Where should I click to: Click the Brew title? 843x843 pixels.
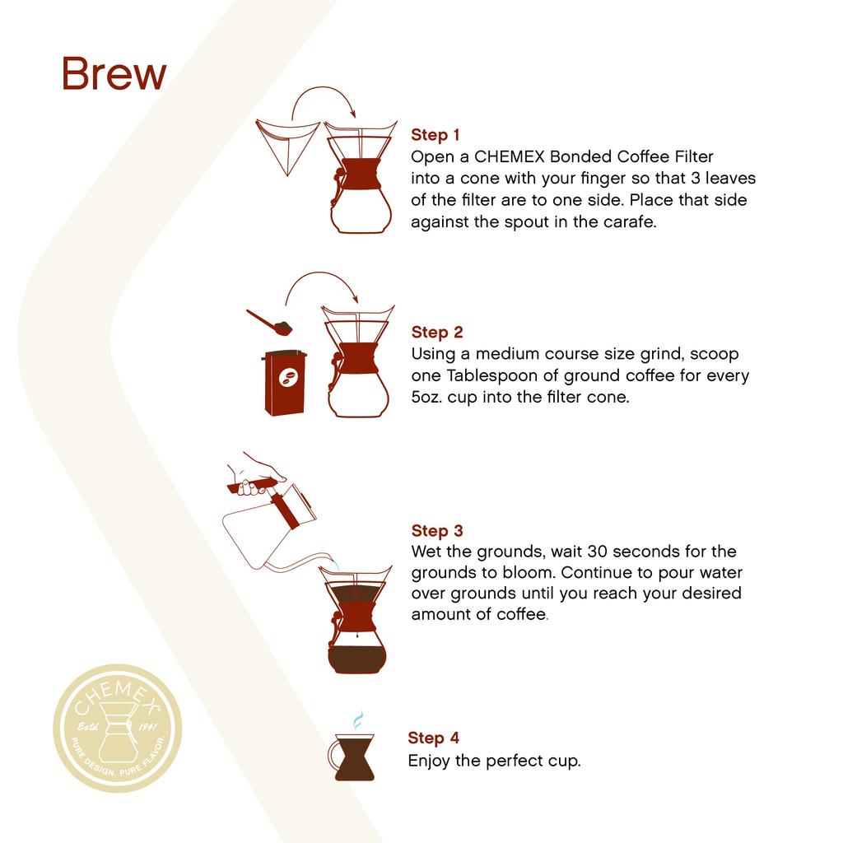pos(114,74)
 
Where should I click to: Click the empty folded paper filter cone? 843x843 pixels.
pos(286,145)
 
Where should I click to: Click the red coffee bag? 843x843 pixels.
pos(286,382)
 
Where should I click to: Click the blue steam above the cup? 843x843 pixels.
pos(357,721)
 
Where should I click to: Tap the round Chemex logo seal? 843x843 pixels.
pos(118,729)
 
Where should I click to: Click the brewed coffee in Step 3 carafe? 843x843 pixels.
pos(356,659)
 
